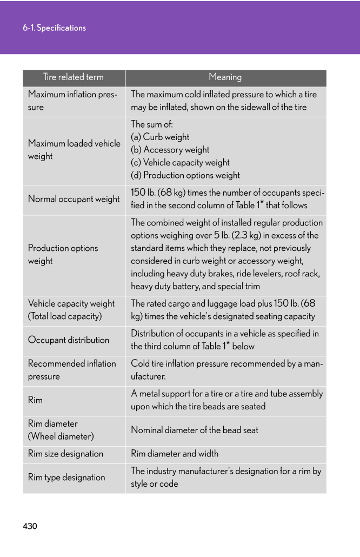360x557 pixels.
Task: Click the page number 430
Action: click(30, 526)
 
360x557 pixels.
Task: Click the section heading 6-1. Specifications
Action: click(54, 28)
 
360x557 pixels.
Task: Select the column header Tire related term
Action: click(74, 77)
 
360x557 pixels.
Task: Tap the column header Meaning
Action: click(225, 77)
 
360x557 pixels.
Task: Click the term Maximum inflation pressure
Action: click(72, 101)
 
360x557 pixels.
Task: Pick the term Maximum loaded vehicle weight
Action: click(74, 150)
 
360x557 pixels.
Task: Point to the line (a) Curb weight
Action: click(160, 137)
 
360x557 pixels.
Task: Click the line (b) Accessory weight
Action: click(170, 150)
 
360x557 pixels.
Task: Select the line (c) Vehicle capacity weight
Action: click(180, 162)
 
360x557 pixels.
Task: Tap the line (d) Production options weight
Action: click(185, 175)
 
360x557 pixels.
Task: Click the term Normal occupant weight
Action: click(74, 199)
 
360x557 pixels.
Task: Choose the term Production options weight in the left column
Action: click(63, 254)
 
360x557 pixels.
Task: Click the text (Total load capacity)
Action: click(65, 316)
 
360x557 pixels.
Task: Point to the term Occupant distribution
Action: click(69, 340)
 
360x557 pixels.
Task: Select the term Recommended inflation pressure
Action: click(72, 370)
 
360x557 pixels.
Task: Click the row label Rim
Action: click(35, 400)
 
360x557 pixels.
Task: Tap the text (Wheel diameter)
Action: click(61, 436)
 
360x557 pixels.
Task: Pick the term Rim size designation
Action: click(65, 454)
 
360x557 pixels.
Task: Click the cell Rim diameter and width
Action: click(175, 454)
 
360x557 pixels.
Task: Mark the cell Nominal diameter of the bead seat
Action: click(195, 430)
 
